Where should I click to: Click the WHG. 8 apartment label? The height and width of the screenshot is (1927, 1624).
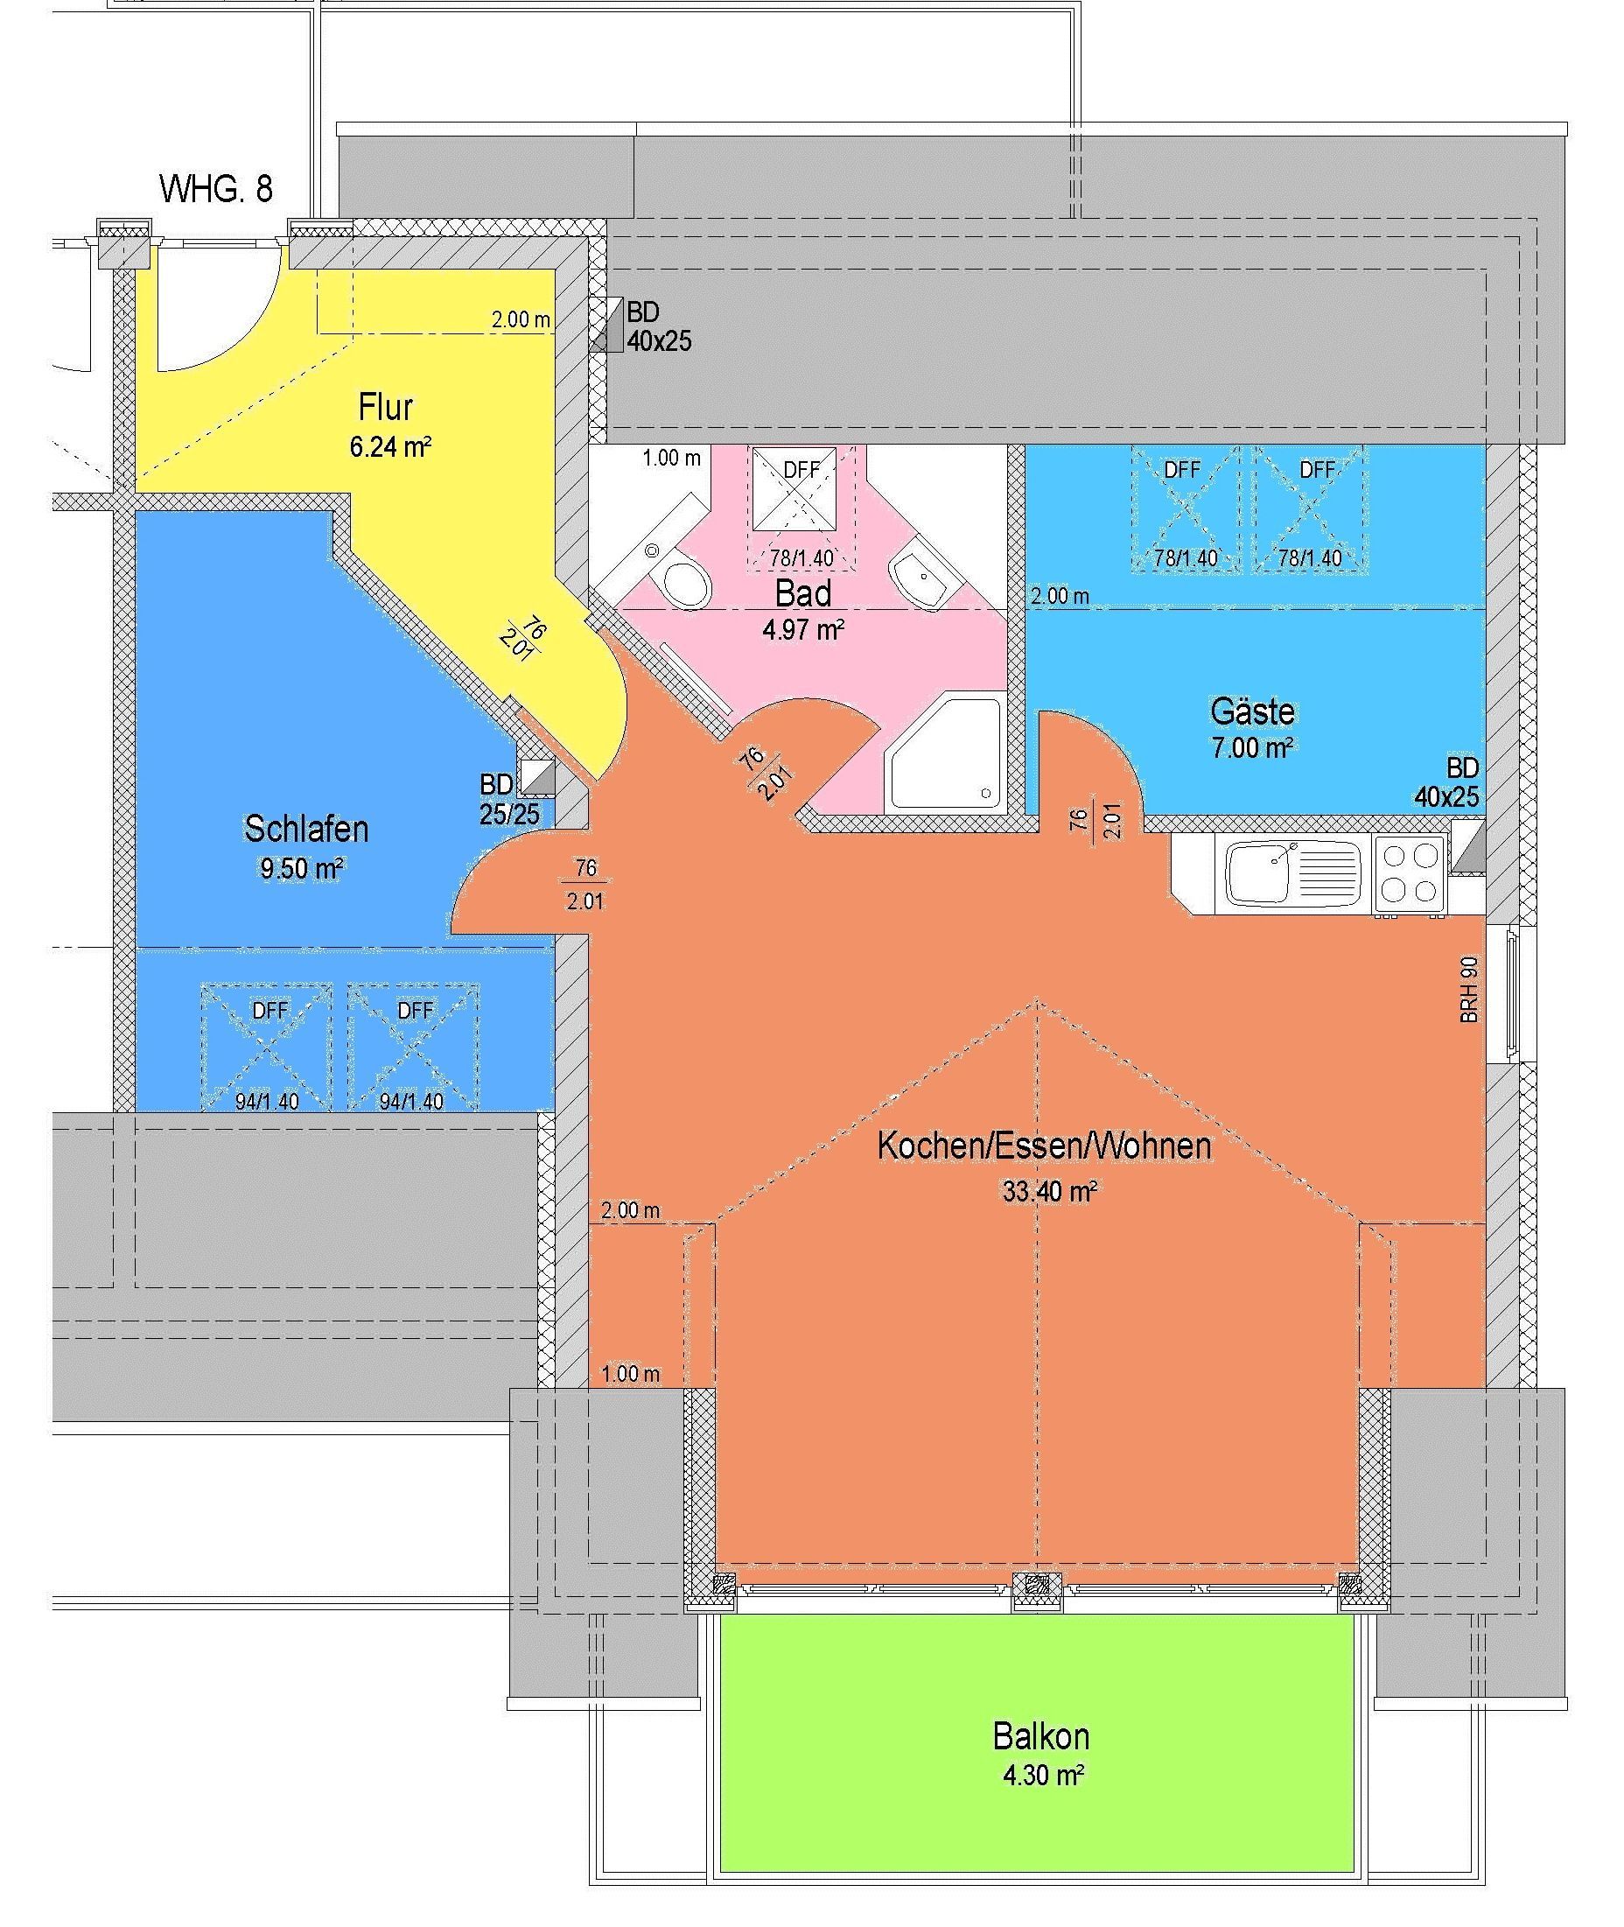216,189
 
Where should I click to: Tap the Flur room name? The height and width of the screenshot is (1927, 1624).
386,406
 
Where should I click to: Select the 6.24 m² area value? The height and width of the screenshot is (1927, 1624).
390,447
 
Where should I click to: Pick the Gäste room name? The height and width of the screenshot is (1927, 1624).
1252,711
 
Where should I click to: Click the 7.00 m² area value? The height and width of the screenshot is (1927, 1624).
1252,747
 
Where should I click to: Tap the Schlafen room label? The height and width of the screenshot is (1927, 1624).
305,830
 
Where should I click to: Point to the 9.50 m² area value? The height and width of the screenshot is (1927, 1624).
301,868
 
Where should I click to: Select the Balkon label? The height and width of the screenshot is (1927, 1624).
1041,1736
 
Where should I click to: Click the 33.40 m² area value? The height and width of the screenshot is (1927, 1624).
1048,1191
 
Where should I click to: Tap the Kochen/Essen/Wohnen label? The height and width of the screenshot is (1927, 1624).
1044,1146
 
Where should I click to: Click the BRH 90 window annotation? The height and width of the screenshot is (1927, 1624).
1468,990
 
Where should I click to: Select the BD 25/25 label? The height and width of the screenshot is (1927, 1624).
509,799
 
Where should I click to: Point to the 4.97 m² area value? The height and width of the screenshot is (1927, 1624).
804,631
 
